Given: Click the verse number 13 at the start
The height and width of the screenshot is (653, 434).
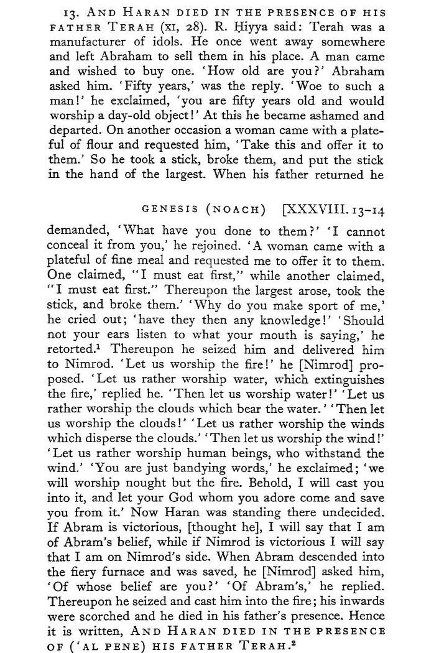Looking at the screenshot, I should click(x=70, y=13).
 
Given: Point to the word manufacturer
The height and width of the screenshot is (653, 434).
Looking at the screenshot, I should click(x=83, y=44).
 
